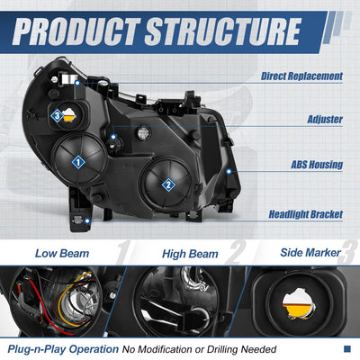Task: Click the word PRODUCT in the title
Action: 76,31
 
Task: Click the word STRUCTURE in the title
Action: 223,31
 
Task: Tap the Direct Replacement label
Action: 301,76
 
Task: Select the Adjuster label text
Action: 325,120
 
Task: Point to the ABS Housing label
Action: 317,165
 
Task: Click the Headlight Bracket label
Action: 306,214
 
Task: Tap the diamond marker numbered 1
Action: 78,163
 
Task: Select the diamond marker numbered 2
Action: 168,184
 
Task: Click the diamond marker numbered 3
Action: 57,116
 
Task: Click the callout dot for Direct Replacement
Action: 77,83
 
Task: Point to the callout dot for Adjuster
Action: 113,137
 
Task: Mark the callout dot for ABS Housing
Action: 229,172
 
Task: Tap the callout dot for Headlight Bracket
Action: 87,221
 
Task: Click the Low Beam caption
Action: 62,254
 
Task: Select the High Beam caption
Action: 190,254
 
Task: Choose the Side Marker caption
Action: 310,253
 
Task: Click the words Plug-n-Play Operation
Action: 63,349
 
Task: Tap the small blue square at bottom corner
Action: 347,349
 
